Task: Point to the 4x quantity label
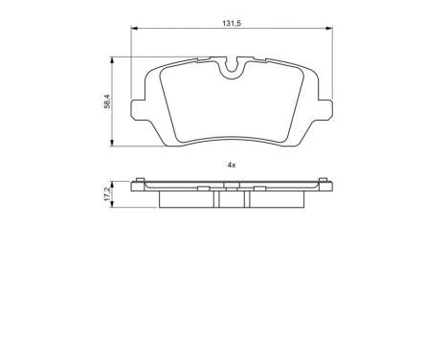point(231,165)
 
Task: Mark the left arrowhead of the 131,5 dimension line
point(133,29)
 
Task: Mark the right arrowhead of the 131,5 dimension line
point(328,29)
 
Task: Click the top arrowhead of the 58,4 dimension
point(114,58)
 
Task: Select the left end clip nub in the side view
point(141,182)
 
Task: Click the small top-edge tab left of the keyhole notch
point(202,60)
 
